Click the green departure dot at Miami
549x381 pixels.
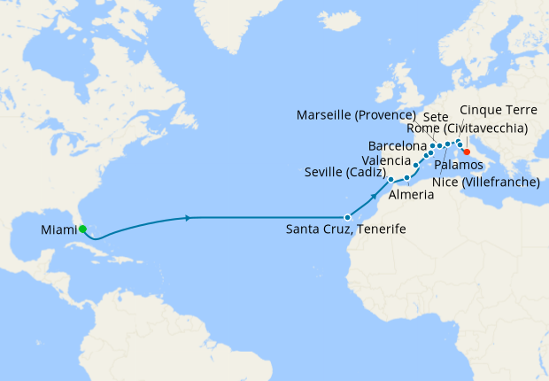82,229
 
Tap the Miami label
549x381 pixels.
58,230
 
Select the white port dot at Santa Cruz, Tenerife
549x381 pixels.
347,217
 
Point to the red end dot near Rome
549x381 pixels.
467,152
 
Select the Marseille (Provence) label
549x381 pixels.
357,115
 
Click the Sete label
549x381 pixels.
436,116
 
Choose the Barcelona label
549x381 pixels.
398,144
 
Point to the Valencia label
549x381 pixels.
386,159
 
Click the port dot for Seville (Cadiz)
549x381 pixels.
390,179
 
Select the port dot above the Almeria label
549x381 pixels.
406,178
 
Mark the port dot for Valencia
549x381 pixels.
415,166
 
